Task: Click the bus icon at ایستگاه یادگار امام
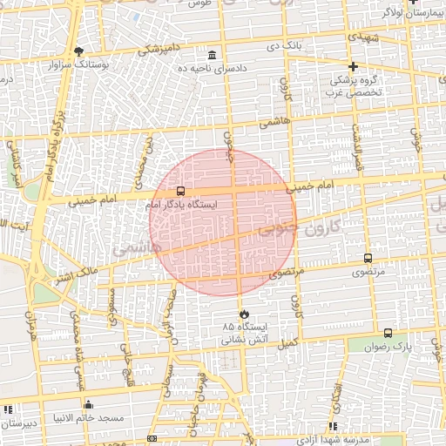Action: [x=180, y=191]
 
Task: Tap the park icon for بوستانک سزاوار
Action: [x=79, y=51]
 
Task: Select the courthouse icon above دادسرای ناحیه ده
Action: [x=213, y=55]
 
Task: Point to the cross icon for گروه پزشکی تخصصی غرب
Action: [x=353, y=66]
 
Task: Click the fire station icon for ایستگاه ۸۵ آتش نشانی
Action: [x=243, y=314]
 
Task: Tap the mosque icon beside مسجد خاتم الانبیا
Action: [x=88, y=405]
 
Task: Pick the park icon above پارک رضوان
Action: [x=388, y=333]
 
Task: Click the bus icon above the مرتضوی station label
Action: [x=367, y=259]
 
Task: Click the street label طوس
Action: [x=199, y=4]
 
